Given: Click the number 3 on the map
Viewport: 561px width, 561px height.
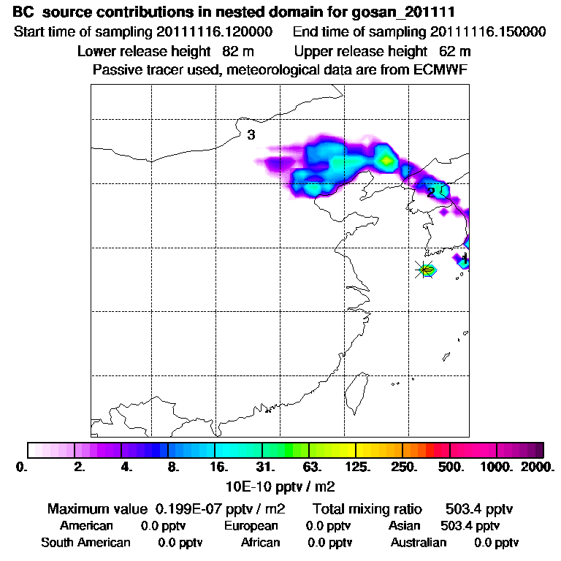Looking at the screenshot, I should [251, 135].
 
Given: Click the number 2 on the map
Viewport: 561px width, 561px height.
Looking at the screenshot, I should [431, 192].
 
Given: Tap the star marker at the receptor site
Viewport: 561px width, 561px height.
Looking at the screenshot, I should [424, 270].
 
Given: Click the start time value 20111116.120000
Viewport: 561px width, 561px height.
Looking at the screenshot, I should [219, 32].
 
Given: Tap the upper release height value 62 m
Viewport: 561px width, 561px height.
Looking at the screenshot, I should [455, 51].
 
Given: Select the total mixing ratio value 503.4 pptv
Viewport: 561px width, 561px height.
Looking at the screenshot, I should [473, 508].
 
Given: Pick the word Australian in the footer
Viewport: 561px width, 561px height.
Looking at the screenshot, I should [418, 543].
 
